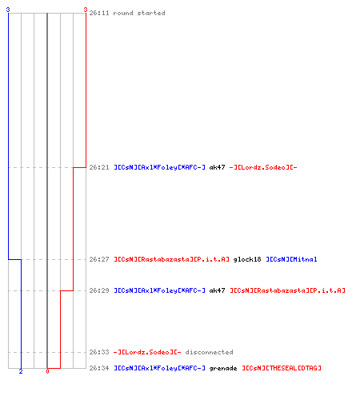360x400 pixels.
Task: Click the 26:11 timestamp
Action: (99, 13)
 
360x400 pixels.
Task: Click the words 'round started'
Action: (139, 13)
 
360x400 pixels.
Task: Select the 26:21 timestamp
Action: (99, 167)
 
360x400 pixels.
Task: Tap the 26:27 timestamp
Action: (99, 259)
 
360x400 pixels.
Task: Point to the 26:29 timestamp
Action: (99, 290)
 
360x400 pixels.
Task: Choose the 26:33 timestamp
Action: (99, 352)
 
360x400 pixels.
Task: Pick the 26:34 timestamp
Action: (99, 368)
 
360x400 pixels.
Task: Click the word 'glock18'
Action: (247, 259)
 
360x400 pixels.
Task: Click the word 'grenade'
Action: (223, 368)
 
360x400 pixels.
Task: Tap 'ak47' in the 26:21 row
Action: (217, 167)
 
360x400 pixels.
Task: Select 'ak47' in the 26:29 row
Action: (217, 290)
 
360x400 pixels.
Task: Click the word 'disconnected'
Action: (209, 352)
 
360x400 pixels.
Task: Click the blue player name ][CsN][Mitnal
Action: (291, 259)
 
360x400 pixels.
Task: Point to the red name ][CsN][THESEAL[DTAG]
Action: (282, 368)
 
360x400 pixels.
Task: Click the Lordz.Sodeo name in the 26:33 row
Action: (147, 352)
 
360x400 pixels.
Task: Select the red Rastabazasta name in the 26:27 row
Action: (171, 259)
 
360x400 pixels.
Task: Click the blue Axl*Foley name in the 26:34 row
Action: (159, 368)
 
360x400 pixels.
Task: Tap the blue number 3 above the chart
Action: (8, 10)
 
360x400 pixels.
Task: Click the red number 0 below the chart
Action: (47, 371)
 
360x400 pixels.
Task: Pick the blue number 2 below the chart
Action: (21, 371)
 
